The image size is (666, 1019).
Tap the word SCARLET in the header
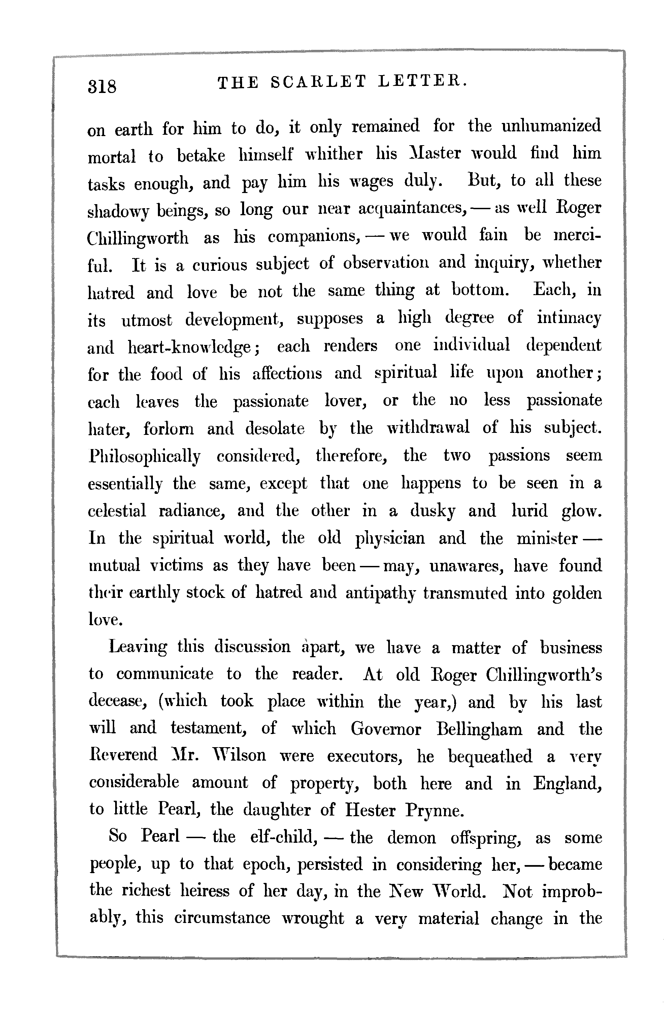point(319,81)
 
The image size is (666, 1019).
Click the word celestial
point(117,511)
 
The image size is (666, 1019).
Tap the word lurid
point(529,511)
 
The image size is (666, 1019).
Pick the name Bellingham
point(479,730)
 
